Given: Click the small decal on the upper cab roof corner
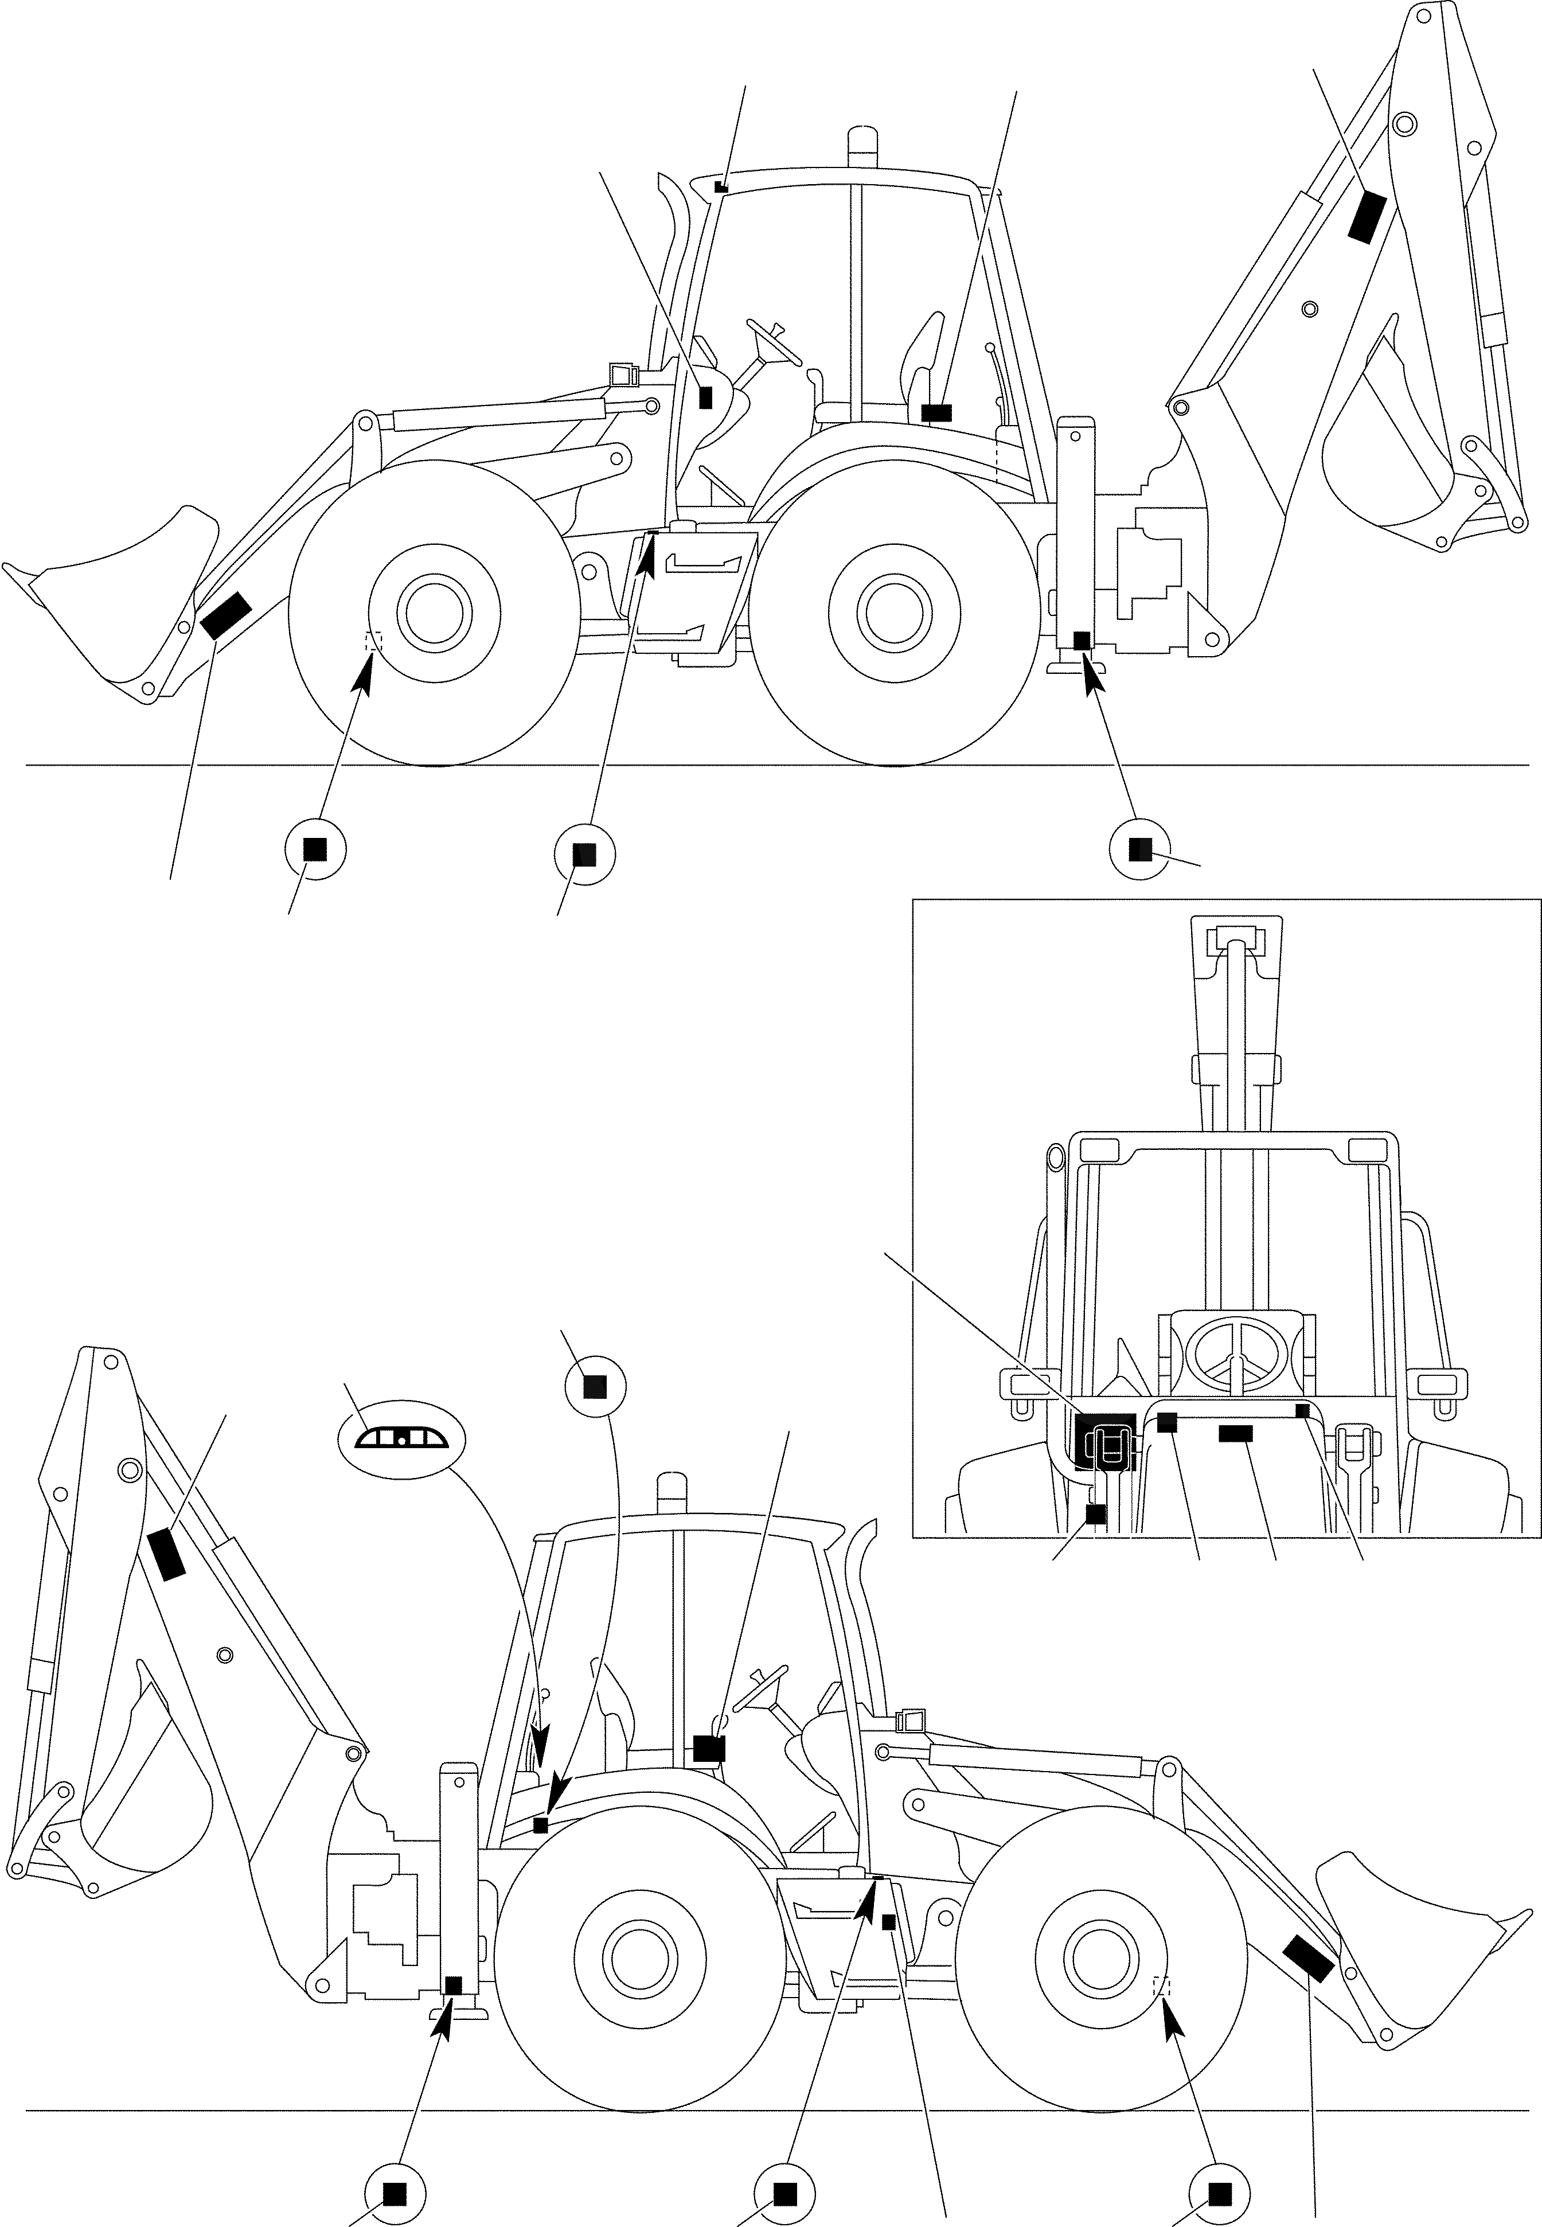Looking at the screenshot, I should point(720,186).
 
